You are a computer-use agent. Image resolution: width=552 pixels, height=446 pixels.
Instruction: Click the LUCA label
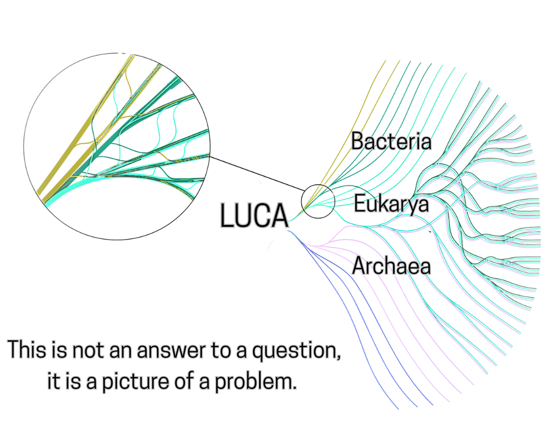point(254,216)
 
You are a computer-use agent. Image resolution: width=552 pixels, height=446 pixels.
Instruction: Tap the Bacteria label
point(391,142)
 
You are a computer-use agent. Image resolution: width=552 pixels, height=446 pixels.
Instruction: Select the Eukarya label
point(392,204)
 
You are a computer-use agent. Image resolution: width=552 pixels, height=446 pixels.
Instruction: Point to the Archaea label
point(392,266)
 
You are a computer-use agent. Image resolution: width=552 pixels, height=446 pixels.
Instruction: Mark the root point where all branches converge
point(292,222)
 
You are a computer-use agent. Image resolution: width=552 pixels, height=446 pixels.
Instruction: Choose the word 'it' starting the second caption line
point(53,382)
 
